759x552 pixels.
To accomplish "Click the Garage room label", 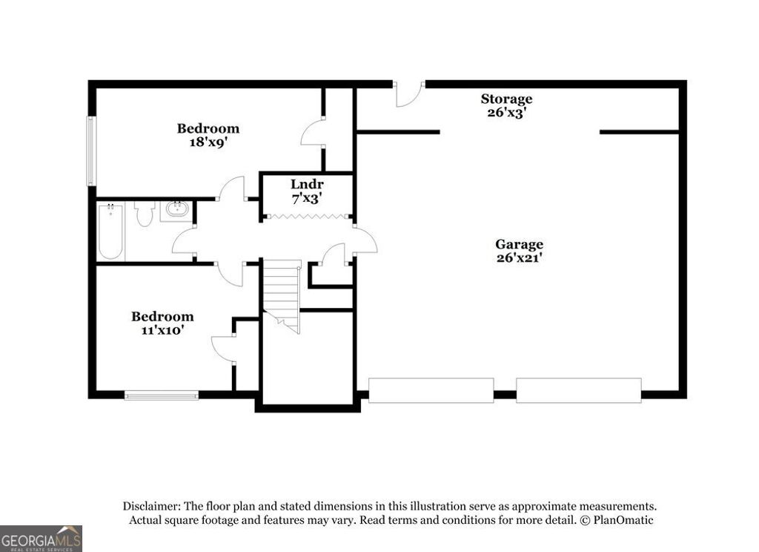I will [x=519, y=244].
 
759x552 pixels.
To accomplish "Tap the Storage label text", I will [x=506, y=99].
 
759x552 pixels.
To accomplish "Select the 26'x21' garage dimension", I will [x=519, y=258].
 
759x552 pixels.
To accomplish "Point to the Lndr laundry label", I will [x=307, y=184].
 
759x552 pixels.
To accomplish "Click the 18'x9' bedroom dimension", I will [x=208, y=142].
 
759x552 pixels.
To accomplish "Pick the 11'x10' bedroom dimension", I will [x=162, y=330].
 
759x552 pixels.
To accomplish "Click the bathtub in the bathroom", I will [x=110, y=231].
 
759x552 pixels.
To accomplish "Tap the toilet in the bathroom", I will [x=144, y=213].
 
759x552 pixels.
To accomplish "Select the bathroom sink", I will [x=176, y=210].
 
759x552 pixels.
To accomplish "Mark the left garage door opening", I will [x=431, y=390].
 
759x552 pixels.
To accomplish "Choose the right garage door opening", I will [x=578, y=390].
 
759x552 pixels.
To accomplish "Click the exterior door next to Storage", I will [x=408, y=93].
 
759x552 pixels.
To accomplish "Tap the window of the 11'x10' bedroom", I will [x=161, y=395].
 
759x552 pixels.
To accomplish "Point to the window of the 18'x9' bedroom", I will [x=91, y=151].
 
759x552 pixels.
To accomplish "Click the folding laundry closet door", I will [x=307, y=217].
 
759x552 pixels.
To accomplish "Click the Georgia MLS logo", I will [x=41, y=538].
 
